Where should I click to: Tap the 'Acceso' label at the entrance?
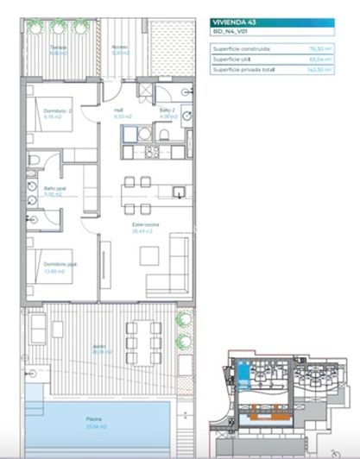click(120, 48)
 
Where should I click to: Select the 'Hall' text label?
click(119, 111)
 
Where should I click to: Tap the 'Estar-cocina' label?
click(143, 225)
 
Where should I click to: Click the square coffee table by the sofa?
click(149, 255)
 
